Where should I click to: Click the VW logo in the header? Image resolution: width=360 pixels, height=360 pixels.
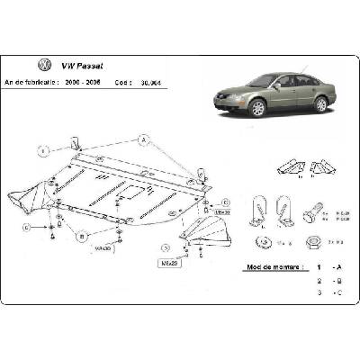tap(42, 65)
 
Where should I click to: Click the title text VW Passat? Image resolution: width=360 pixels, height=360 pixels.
tap(81, 65)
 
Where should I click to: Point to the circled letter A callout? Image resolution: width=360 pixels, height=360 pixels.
tap(142, 139)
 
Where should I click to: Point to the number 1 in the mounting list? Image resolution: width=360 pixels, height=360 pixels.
tap(316, 268)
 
